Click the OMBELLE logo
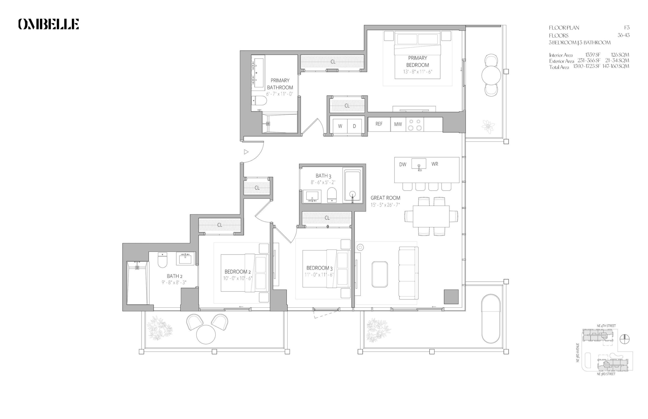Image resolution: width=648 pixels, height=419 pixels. coord(48,24)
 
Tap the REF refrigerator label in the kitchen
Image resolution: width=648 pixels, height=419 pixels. coord(379,124)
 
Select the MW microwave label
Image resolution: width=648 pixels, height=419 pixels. coord(398,124)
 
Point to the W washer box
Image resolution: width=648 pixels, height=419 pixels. coord(340,126)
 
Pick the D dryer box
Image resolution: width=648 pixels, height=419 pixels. coord(354,126)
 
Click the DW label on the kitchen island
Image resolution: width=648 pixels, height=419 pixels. coord(402,164)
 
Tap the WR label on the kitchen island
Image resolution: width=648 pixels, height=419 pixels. coord(435,164)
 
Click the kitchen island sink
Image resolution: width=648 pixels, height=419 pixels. coord(419,164)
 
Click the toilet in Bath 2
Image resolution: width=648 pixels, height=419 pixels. coord(163,260)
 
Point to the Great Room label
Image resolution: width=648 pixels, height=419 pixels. coord(385,198)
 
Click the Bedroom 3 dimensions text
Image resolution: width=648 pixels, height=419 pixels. coord(319,275)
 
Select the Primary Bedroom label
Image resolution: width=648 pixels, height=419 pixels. coord(417,61)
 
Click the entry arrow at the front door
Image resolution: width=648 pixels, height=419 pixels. coord(246,152)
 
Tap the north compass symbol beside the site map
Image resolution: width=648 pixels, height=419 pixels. coord(625,339)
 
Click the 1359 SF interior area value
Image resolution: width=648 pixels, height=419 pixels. coord(593,55)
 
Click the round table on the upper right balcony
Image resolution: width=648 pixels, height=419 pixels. coord(491,75)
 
